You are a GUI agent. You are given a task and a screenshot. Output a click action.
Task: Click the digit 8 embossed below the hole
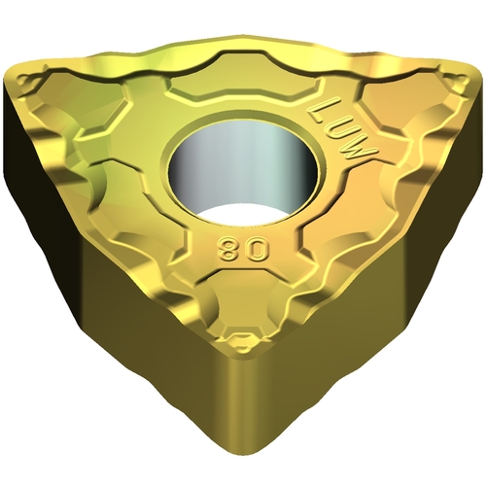[229, 250]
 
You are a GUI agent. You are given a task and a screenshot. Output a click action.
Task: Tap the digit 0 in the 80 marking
[259, 250]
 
